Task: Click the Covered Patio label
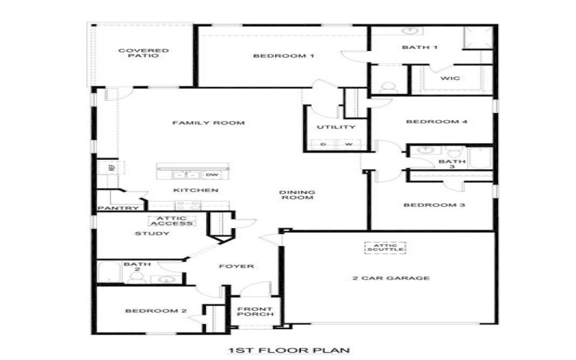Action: (134, 53)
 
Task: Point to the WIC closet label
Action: (450, 78)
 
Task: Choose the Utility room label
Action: (336, 127)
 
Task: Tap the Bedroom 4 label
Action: (437, 122)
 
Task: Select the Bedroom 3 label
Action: (433, 205)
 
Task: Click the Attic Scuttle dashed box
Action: (384, 248)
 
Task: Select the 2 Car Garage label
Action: (391, 278)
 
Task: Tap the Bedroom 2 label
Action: (156, 311)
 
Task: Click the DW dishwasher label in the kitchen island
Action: (212, 174)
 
